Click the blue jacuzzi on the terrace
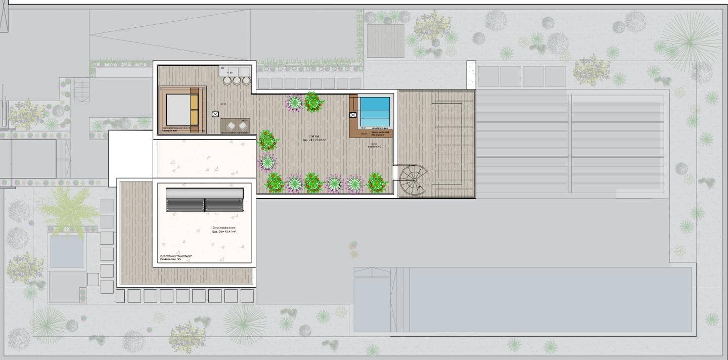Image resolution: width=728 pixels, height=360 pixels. click(x=375, y=112)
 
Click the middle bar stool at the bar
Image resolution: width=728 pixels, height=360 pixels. click(x=237, y=81)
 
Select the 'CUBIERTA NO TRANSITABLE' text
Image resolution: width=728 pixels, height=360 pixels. click(x=175, y=257)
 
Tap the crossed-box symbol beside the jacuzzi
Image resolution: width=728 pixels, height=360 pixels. click(x=353, y=115)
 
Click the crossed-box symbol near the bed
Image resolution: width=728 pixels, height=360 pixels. click(x=215, y=115)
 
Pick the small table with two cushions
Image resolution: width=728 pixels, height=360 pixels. click(x=235, y=125)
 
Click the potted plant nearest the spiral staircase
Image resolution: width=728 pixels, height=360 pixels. click(x=377, y=183)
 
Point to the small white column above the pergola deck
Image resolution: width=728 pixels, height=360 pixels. click(x=471, y=75)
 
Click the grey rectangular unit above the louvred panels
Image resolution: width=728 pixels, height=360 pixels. click(x=205, y=193)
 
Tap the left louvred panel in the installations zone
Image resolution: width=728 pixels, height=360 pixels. click(x=185, y=205)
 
